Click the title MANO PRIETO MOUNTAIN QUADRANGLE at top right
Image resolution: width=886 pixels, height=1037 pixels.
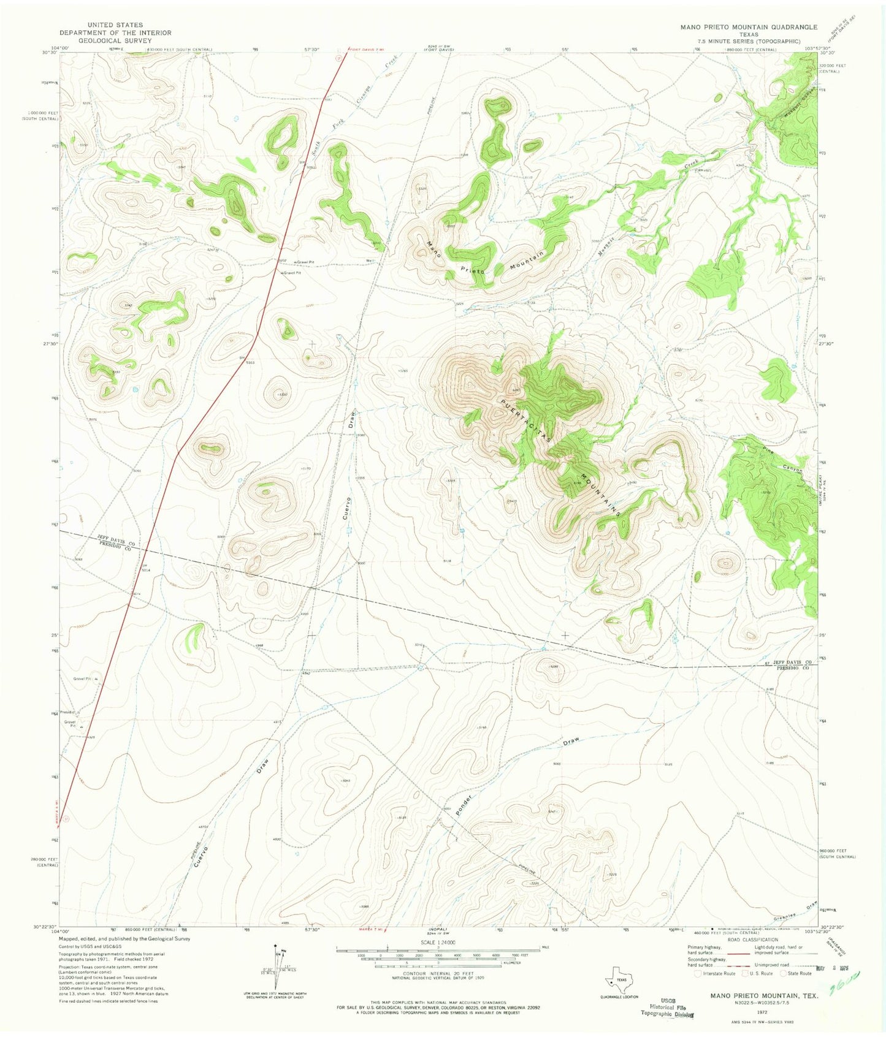coord(748,27)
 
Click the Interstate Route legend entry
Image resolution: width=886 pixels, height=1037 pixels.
coord(715,973)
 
